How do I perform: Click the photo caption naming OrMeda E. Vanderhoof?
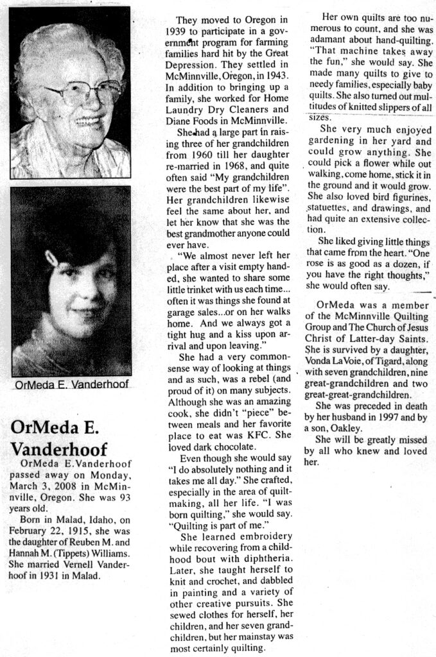(x=71, y=384)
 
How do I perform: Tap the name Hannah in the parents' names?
(x=25, y=553)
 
